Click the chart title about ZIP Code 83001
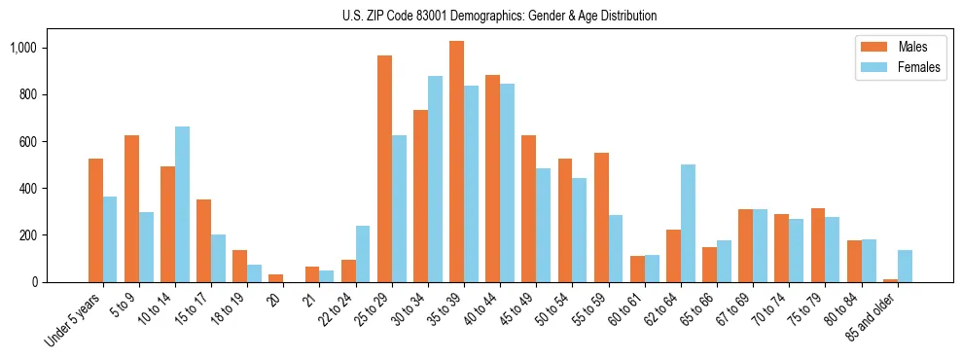(499, 16)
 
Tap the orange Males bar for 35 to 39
(456, 162)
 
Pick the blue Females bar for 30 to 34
(435, 179)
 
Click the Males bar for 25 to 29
(384, 168)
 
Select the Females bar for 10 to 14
(182, 204)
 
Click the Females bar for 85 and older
(905, 266)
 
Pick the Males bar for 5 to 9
(131, 208)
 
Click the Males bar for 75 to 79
(818, 245)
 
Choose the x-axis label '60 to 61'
(628, 308)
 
